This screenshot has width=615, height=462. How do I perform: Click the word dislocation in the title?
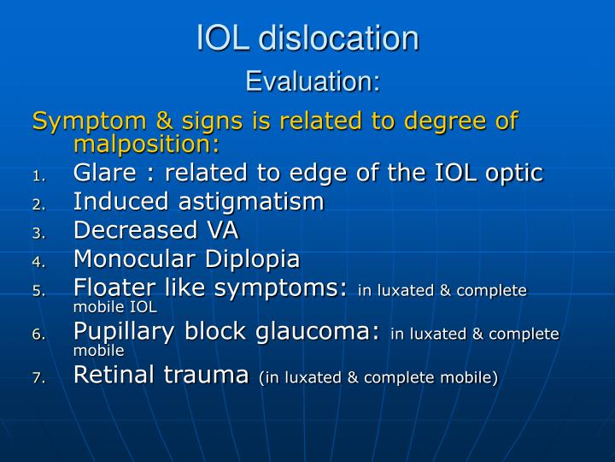tap(339, 38)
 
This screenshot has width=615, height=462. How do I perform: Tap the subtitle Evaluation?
tap(313, 82)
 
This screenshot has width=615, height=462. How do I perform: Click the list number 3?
tap(38, 233)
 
